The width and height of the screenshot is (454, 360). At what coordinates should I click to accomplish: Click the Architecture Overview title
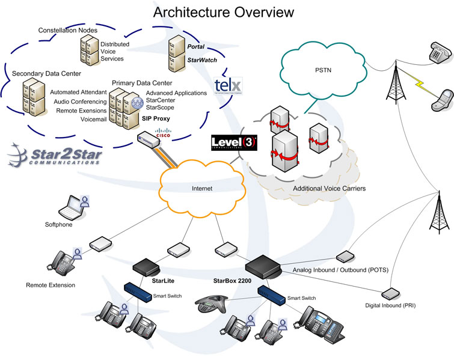point(224,12)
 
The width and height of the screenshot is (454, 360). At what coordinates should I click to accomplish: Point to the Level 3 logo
point(235,143)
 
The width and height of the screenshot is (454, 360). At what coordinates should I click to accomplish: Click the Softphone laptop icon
point(70,208)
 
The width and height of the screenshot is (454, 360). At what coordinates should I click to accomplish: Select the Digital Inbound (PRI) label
point(390,306)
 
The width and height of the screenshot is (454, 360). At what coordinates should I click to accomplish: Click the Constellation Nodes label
point(67,30)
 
